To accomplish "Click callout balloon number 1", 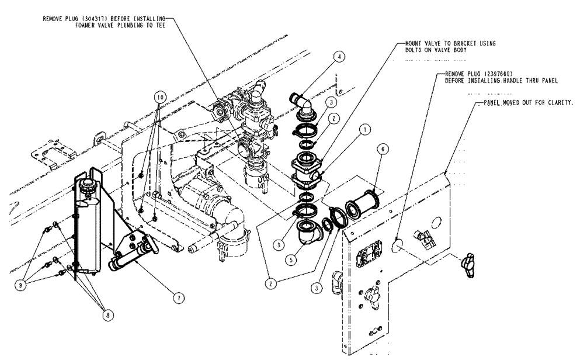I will (364, 131).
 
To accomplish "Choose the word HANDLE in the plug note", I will (510, 80).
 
